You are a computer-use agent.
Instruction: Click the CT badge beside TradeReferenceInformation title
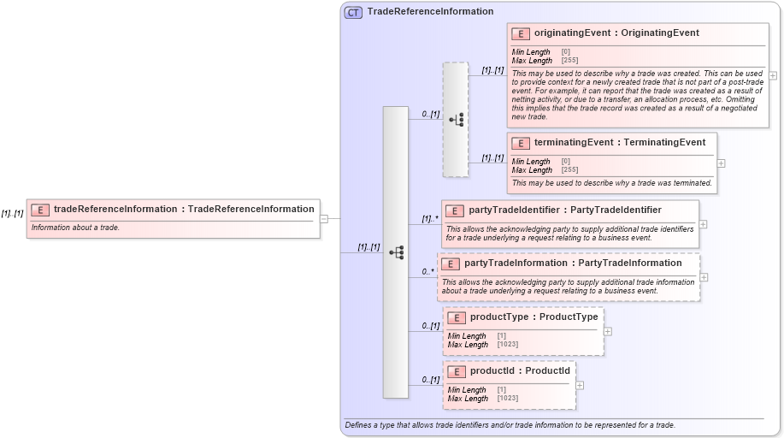(353, 12)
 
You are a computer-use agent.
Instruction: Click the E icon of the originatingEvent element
(521, 33)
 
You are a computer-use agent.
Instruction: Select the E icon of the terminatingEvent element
(521, 143)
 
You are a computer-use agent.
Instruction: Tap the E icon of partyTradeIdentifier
(455, 210)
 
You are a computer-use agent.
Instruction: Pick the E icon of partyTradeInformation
(451, 263)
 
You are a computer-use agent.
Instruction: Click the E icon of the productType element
(457, 317)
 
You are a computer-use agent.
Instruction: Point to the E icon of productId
(457, 371)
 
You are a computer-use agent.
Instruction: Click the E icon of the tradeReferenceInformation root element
(40, 210)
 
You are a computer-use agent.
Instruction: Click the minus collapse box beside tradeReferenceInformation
(324, 218)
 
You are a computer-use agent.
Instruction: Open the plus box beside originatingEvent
(773, 75)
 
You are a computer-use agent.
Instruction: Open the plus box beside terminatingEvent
(721, 163)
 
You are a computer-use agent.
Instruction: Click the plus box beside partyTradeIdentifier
(703, 224)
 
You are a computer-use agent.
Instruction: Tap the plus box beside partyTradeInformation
(704, 277)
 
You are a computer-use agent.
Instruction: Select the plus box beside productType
(607, 331)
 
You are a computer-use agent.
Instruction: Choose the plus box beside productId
(580, 385)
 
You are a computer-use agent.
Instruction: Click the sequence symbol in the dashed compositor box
(457, 119)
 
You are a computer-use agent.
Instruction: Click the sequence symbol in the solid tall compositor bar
(396, 252)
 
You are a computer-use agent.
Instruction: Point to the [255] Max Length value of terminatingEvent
(569, 169)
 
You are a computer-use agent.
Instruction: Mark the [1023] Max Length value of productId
(507, 399)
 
